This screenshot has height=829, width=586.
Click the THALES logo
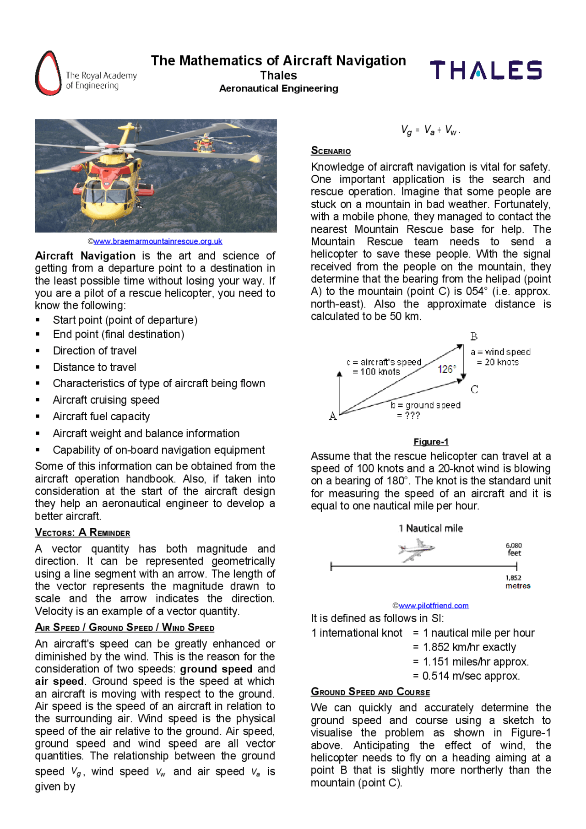tap(485, 70)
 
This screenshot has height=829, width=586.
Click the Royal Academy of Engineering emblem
tap(48, 73)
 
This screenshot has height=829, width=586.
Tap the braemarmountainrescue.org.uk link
tap(157, 241)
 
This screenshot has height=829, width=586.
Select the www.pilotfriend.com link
tap(433, 606)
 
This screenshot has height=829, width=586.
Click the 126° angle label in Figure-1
tap(446, 369)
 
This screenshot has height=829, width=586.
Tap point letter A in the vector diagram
tap(333, 416)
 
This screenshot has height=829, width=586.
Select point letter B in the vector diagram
tap(474, 336)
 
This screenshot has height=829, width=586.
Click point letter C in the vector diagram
tap(474, 390)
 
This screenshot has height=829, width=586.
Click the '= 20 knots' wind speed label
tap(498, 362)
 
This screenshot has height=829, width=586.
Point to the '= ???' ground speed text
tap(408, 416)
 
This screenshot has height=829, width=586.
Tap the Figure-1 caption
tap(431, 442)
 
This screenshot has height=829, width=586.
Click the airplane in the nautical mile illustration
tap(416, 549)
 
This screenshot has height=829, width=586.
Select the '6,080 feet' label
tap(514, 549)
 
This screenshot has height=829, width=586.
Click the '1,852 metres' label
tap(517, 582)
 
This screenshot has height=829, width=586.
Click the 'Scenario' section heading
tap(331, 151)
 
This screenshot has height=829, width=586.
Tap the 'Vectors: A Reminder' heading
tap(82, 532)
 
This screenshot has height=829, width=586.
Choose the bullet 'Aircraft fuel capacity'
tap(101, 417)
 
